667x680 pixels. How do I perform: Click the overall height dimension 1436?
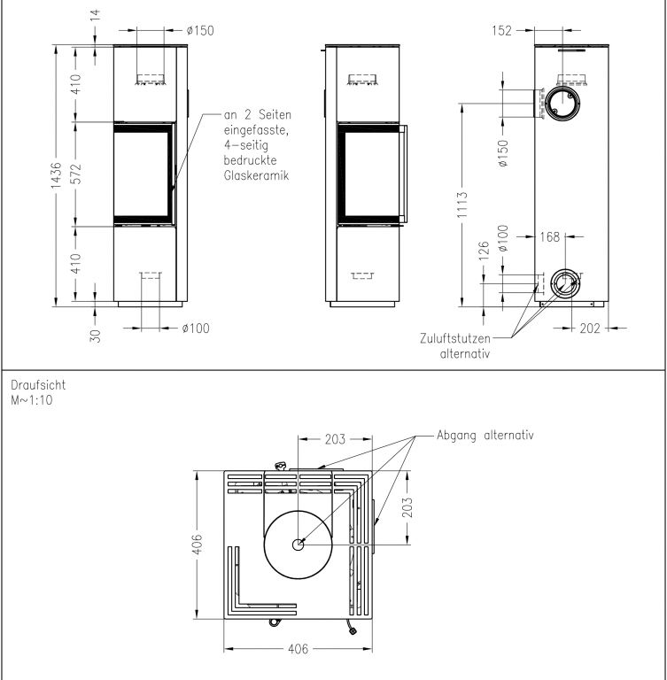(x=56, y=175)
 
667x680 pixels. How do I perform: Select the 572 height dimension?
(x=75, y=174)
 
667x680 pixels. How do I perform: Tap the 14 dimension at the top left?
(x=95, y=14)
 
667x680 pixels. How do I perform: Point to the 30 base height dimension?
(x=95, y=336)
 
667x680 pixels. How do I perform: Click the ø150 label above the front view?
(x=200, y=30)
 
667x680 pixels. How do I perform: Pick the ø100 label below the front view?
(x=196, y=328)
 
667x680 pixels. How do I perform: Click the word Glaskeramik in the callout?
(x=257, y=175)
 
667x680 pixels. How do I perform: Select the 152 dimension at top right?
(x=502, y=30)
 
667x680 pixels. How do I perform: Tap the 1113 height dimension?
(x=462, y=205)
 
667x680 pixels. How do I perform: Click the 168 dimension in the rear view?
(x=550, y=236)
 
